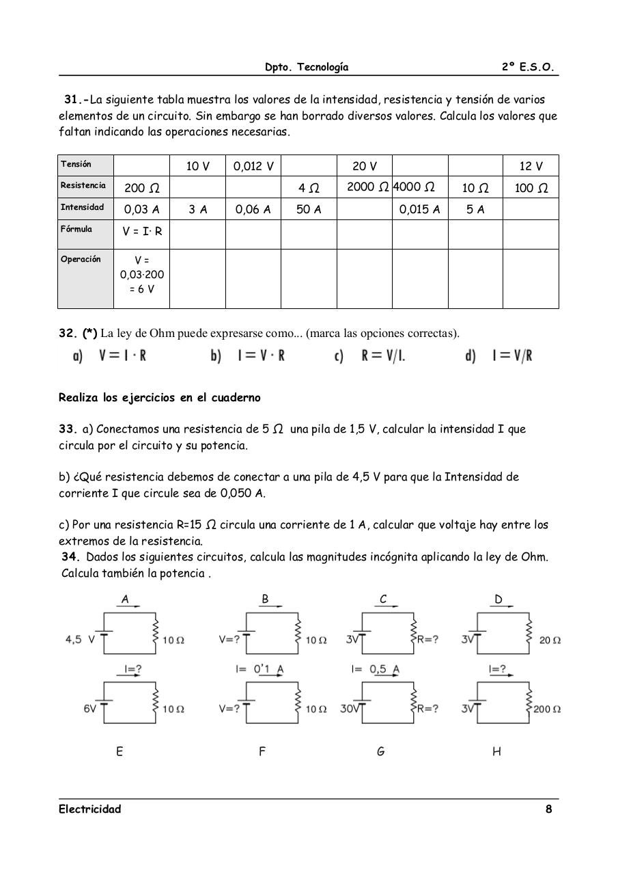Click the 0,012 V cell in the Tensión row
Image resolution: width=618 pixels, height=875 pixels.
[253, 166]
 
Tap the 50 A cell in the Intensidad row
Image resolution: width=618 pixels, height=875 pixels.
[309, 210]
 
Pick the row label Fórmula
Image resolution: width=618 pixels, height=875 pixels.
[76, 229]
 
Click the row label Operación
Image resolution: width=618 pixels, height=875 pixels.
[81, 259]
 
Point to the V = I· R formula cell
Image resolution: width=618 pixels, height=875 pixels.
[142, 231]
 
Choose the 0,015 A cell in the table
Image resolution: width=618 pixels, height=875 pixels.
[419, 210]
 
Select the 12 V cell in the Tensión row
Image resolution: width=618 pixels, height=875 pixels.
[531, 166]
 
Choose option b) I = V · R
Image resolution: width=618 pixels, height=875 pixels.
[249, 356]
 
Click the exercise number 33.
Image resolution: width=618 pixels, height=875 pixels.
[67, 429]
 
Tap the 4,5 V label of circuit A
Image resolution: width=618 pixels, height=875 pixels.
[80, 640]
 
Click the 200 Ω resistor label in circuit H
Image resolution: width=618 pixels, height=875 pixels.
[547, 709]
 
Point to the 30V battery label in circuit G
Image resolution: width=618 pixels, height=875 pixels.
[350, 709]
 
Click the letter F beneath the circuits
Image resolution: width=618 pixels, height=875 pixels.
[262, 752]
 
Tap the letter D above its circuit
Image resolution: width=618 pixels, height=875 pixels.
[498, 600]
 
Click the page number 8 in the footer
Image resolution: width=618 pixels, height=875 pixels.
[548, 809]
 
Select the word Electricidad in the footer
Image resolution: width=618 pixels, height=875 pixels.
[89, 809]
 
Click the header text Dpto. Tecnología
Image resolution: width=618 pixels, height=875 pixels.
[307, 67]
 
